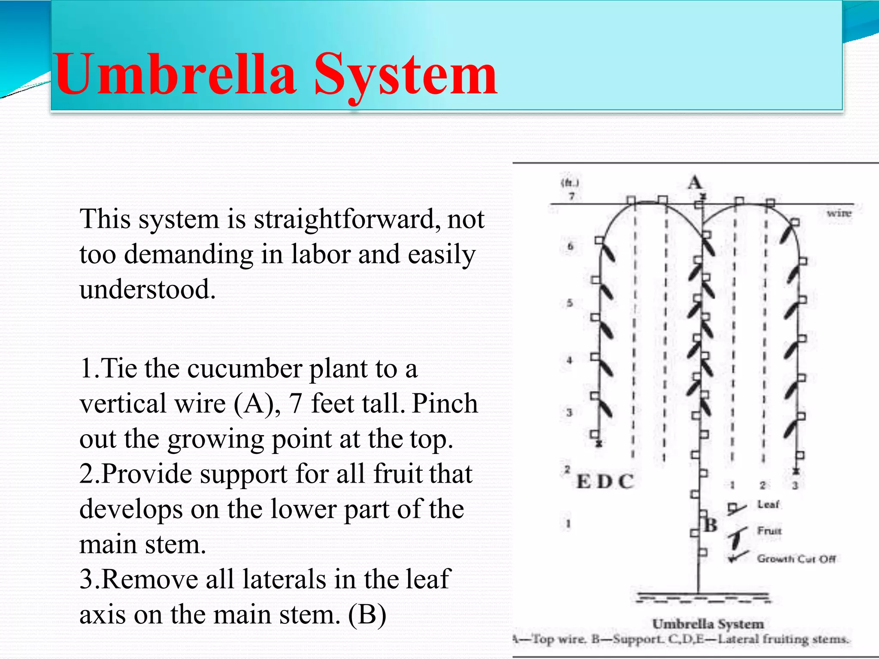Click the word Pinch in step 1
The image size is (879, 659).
tap(445, 404)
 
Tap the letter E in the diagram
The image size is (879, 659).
tap(583, 482)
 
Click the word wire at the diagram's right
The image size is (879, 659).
tap(839, 213)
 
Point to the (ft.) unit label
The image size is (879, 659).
tap(570, 183)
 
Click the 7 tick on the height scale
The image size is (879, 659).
tap(572, 196)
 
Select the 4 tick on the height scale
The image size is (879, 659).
tap(570, 360)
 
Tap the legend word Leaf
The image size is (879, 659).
tap(768, 505)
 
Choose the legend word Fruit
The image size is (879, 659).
tap(769, 531)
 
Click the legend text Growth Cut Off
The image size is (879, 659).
tap(796, 559)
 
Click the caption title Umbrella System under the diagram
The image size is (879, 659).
tap(708, 624)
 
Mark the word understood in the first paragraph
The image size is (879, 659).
tap(147, 290)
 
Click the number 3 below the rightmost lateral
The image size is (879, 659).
tap(795, 486)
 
